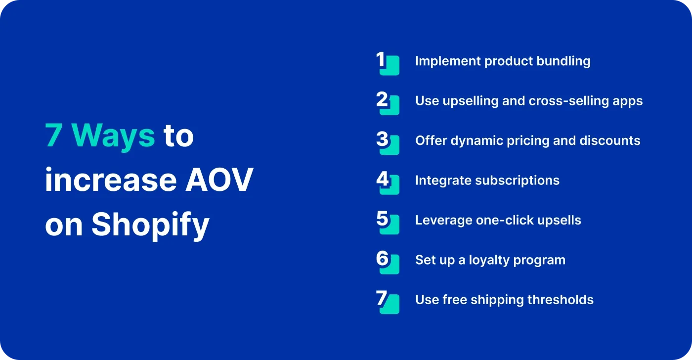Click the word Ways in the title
pos(114,135)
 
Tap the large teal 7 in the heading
pos(53,135)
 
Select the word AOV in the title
pos(219,180)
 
